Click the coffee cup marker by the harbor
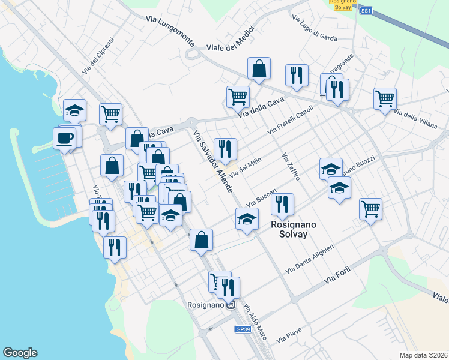pyautogui.click(x=64, y=139)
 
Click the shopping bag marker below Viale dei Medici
pyautogui.click(x=259, y=70)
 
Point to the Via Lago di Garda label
pyautogui.click(x=315, y=28)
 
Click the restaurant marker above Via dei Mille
pyautogui.click(x=225, y=150)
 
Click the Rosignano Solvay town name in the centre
pyautogui.click(x=289, y=229)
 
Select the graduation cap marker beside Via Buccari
pyautogui.click(x=247, y=221)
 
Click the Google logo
pyautogui.click(x=20, y=353)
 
